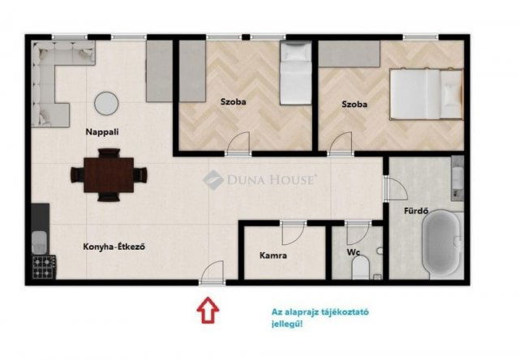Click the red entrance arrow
[x=208, y=310]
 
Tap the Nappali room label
[x=102, y=132]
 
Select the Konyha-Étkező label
[x=114, y=246]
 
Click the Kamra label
[x=273, y=255]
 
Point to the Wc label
[x=354, y=252]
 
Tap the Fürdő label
[x=416, y=211]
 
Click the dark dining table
[x=109, y=175]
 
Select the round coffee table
[x=106, y=104]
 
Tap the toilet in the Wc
[x=360, y=268]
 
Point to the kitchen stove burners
[x=44, y=267]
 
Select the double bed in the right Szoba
[x=427, y=94]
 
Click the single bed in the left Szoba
[x=295, y=73]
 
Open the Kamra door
[x=294, y=234]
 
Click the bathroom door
[x=395, y=189]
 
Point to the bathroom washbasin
[x=457, y=178]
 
